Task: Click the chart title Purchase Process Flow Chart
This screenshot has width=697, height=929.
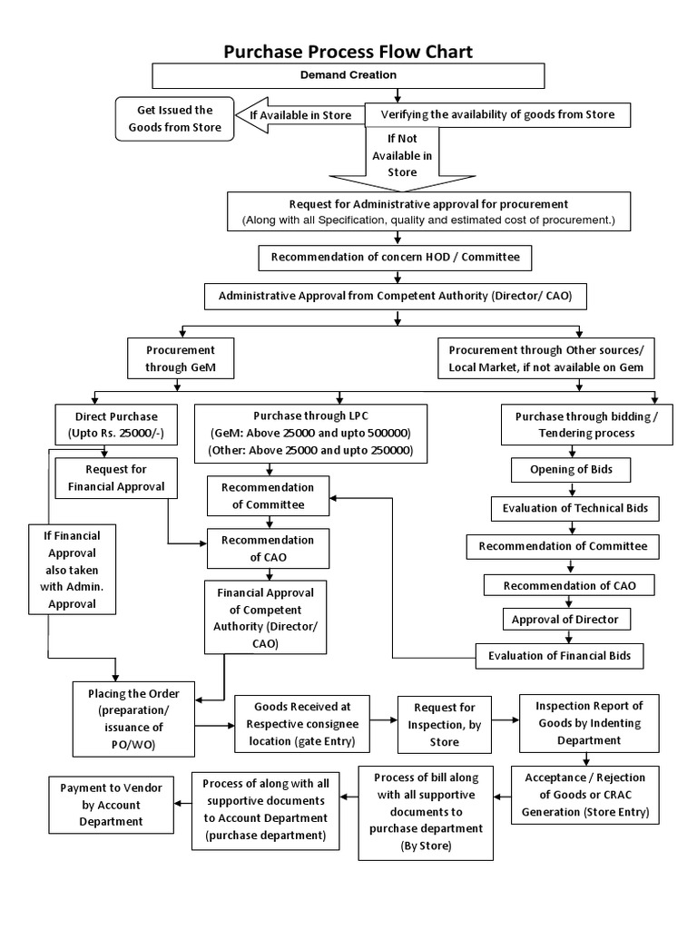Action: click(348, 51)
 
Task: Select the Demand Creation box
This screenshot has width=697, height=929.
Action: click(348, 75)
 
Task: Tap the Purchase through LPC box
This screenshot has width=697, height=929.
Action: click(310, 432)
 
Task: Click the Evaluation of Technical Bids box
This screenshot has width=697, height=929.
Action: click(575, 508)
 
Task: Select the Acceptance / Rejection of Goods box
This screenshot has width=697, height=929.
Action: click(584, 794)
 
